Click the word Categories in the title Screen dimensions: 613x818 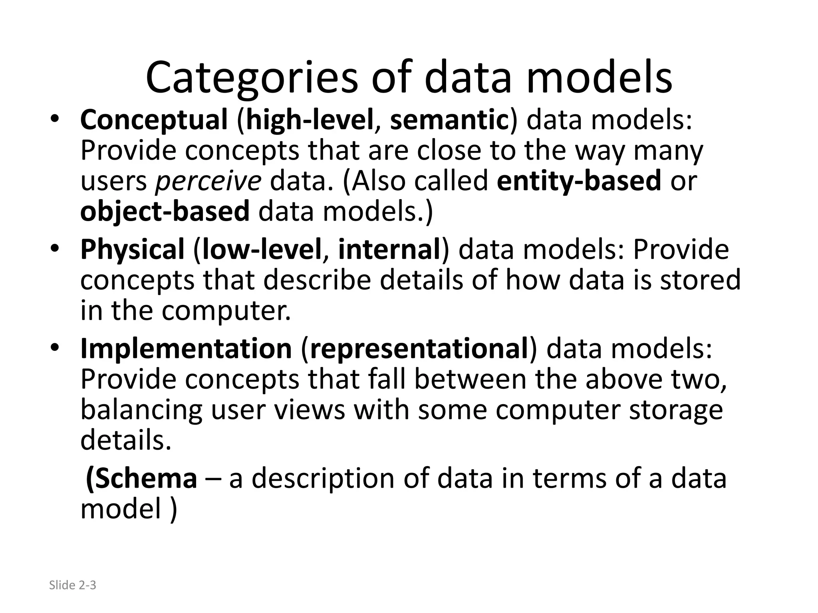(x=252, y=78)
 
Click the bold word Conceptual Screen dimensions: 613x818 (x=154, y=120)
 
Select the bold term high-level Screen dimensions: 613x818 (x=310, y=120)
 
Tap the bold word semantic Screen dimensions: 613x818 (x=449, y=120)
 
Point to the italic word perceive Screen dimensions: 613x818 (x=208, y=181)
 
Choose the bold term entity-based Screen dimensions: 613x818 (x=579, y=181)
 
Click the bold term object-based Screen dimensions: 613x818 (x=165, y=211)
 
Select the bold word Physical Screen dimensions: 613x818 (x=132, y=250)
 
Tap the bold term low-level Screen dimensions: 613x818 (x=262, y=250)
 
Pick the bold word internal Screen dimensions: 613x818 (x=389, y=250)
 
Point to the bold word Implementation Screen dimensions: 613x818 (x=186, y=349)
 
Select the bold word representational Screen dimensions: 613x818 (x=419, y=349)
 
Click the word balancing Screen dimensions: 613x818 (x=141, y=410)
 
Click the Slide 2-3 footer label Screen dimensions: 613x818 (x=72, y=585)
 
